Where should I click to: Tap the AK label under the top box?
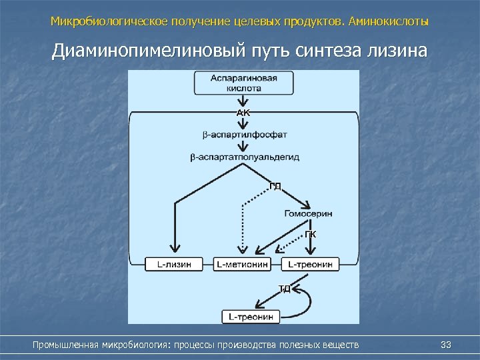pos(243,113)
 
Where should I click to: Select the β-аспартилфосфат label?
pos(244,135)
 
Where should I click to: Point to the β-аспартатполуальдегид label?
pos(244,157)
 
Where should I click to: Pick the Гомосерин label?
pos(308,213)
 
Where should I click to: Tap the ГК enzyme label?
pos(311,234)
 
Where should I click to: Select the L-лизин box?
pos(174,264)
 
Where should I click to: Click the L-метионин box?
pos(243,264)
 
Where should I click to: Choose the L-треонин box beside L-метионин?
pos(311,264)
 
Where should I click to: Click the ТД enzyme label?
pos(284,289)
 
